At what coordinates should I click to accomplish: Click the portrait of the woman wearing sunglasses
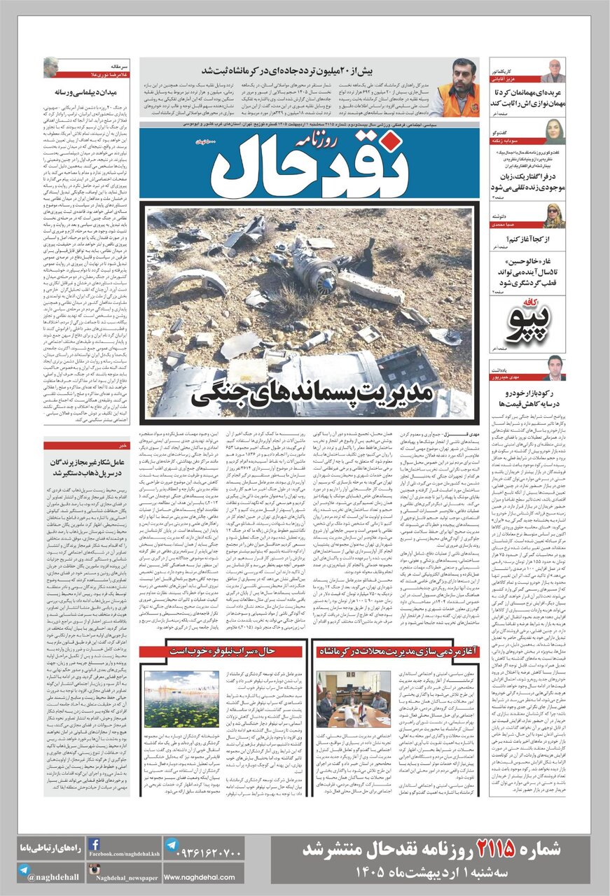[x=553, y=216]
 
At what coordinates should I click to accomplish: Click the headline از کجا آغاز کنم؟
[x=528, y=238]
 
